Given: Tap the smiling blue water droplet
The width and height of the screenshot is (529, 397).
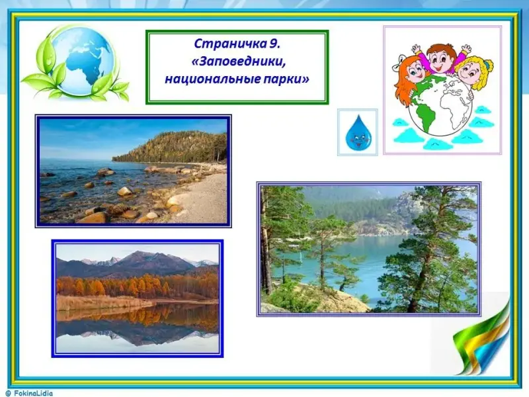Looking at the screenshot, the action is pyautogui.click(x=358, y=133).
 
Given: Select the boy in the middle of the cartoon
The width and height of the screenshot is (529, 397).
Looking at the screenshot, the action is pyautogui.click(x=438, y=58).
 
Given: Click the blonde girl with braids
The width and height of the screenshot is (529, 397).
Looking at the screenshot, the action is pyautogui.click(x=472, y=73).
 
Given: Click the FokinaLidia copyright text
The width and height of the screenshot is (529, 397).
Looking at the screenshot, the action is pyautogui.click(x=30, y=393).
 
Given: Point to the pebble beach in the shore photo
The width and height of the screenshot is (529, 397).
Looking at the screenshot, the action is pyautogui.click(x=202, y=196).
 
